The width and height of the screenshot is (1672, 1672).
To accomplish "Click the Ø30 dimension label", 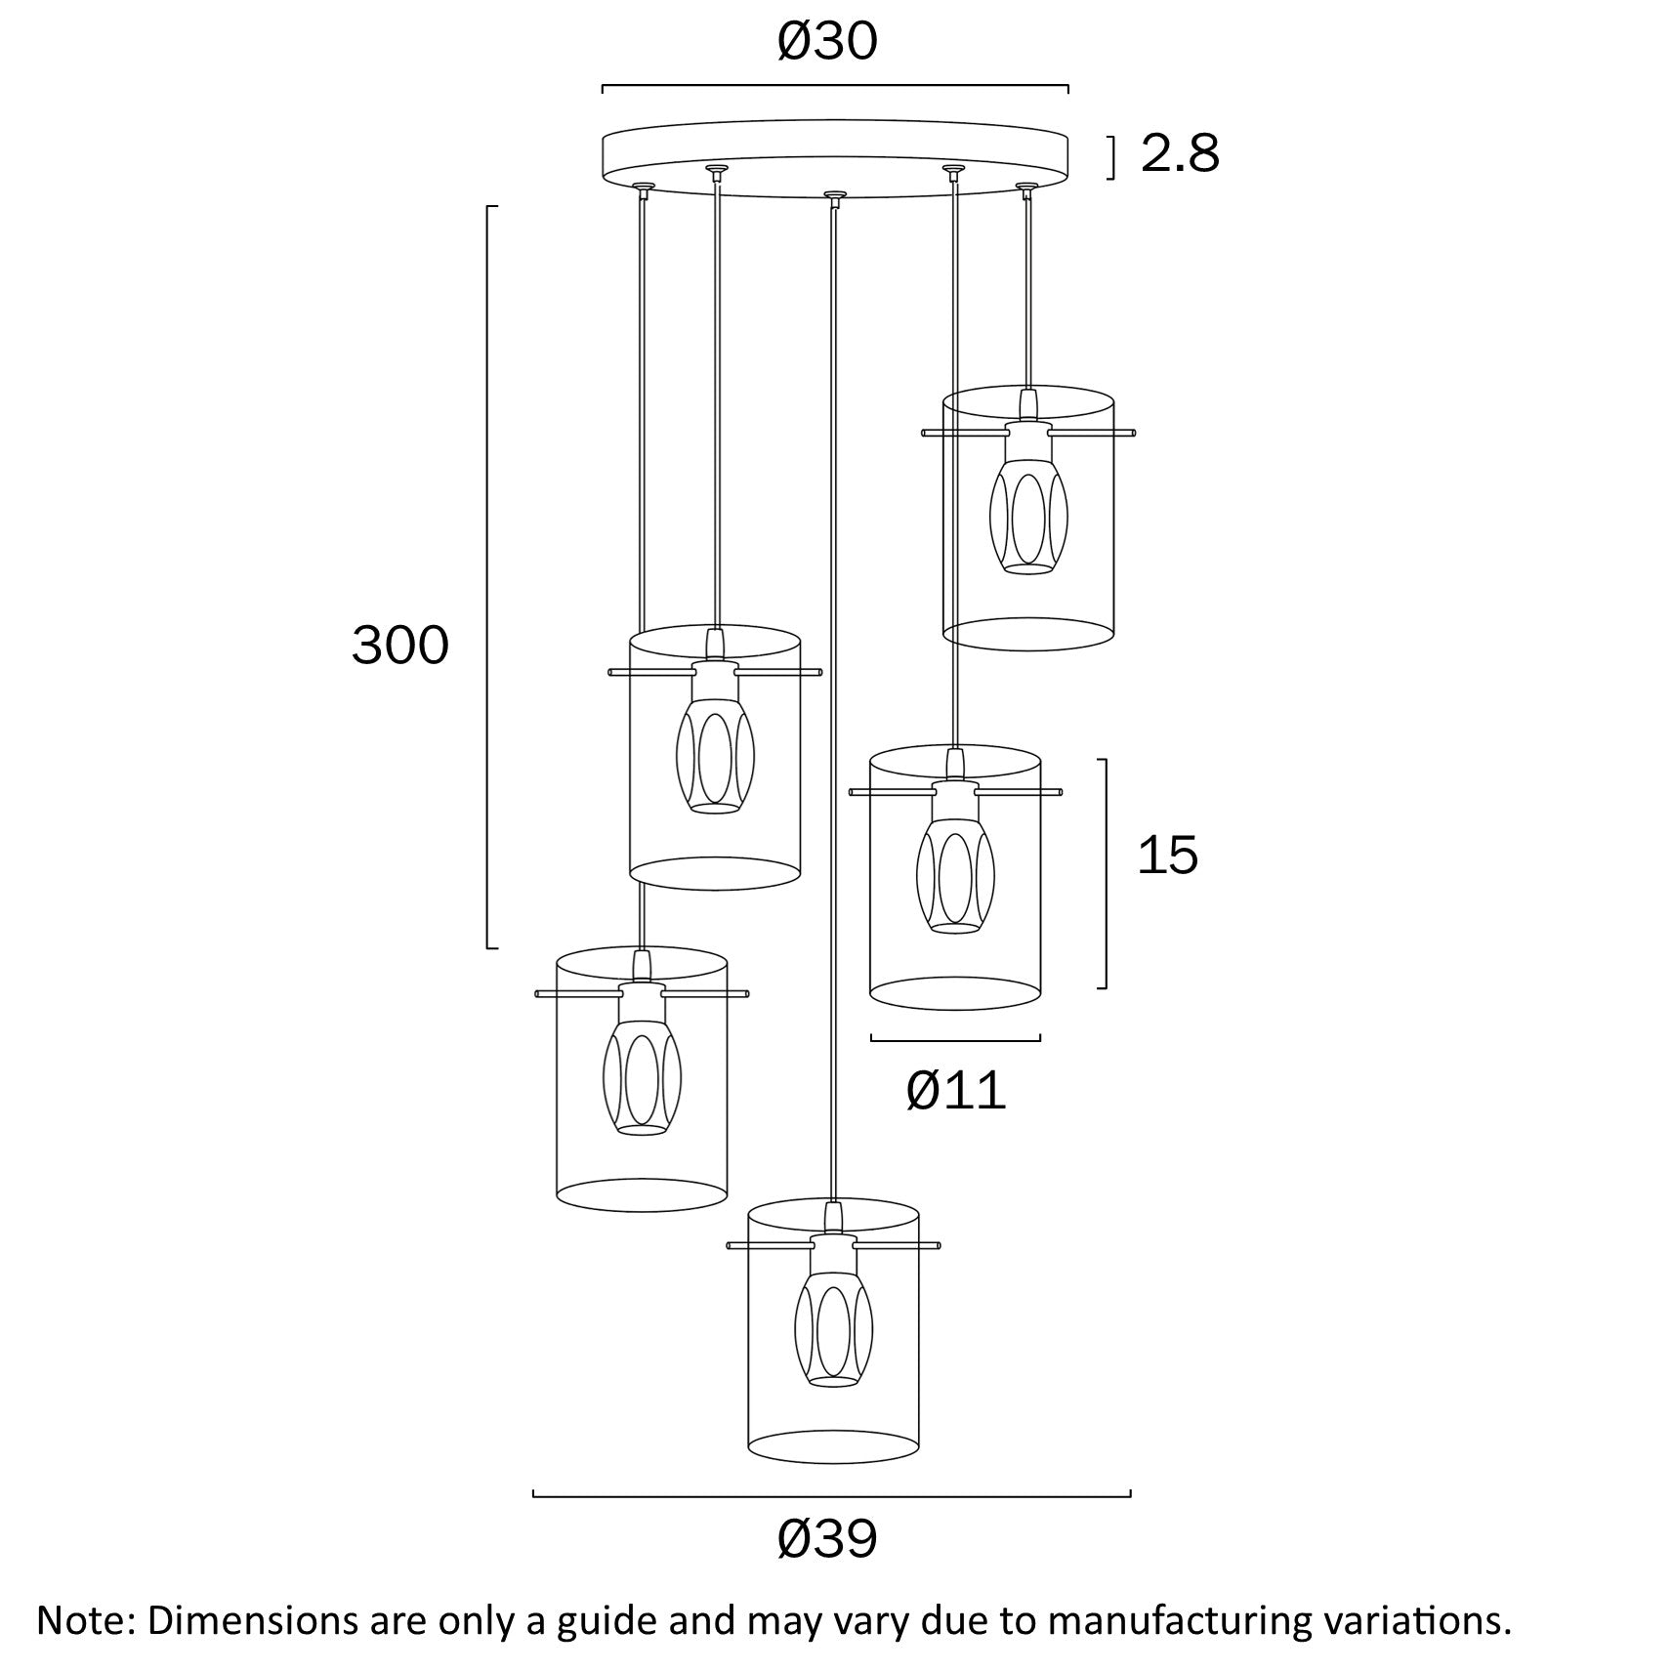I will (827, 42).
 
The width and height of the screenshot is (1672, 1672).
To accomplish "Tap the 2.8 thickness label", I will (1180, 154).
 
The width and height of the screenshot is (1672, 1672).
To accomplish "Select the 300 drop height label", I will (400, 646).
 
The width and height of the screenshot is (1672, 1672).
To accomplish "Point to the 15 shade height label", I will (1167, 856).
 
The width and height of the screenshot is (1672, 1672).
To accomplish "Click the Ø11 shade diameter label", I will (955, 1090).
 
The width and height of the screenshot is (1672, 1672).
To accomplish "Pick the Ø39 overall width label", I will (827, 1539).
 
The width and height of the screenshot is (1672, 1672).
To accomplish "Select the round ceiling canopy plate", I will (834, 151).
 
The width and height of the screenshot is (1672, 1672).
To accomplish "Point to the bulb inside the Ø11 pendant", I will (955, 875).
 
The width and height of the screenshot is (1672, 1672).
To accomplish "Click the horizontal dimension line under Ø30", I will (834, 87).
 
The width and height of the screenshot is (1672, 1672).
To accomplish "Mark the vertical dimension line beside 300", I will (488, 576).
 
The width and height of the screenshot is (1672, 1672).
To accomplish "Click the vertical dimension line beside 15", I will (1106, 873).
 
